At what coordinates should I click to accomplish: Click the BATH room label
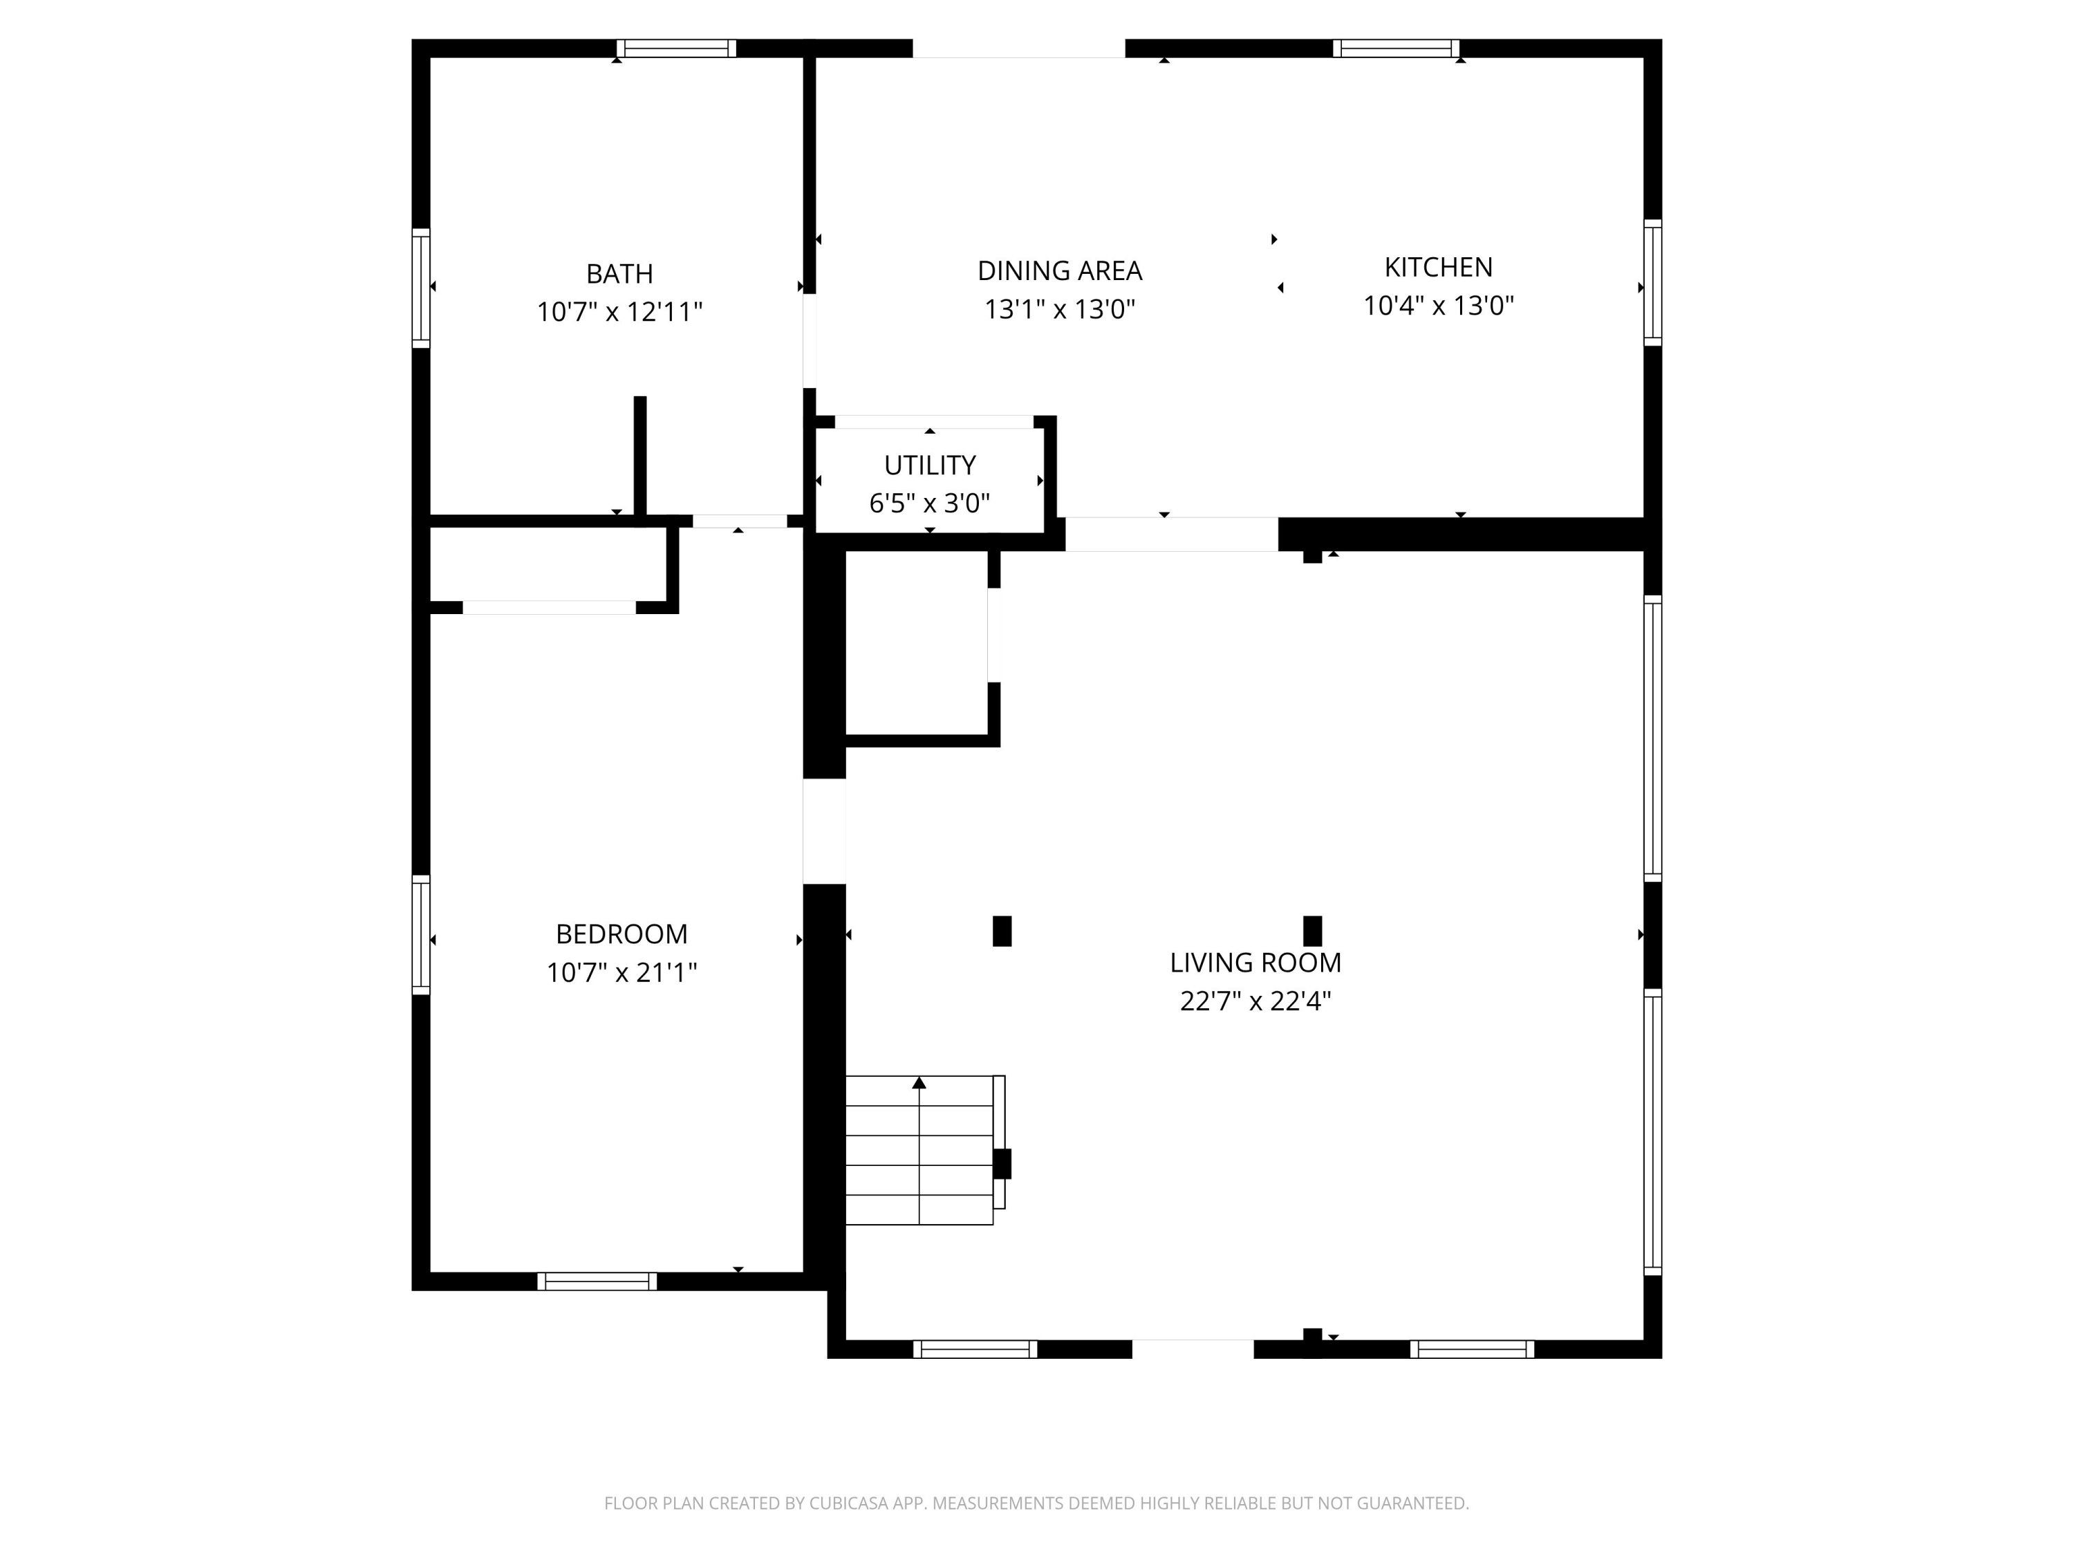pos(619,274)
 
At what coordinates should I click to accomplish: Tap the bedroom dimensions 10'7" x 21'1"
pos(622,972)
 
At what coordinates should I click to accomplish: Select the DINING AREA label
pos(1060,271)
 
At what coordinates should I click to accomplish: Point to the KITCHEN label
pos(1438,268)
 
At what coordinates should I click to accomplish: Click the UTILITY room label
pos(929,465)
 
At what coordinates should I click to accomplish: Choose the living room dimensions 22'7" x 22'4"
pos(1255,1001)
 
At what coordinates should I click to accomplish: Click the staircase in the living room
pos(919,1150)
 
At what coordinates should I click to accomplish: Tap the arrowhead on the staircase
pos(919,1083)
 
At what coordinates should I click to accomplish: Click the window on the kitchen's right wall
pos(1652,282)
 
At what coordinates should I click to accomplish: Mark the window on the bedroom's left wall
pos(421,934)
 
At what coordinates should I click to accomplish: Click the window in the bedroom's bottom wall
pos(597,1281)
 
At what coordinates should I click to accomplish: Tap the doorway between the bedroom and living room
pos(824,831)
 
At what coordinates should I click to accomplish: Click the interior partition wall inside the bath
pos(640,456)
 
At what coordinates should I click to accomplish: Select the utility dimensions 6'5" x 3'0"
pos(929,503)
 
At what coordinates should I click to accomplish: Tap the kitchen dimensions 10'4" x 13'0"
pos(1438,306)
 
